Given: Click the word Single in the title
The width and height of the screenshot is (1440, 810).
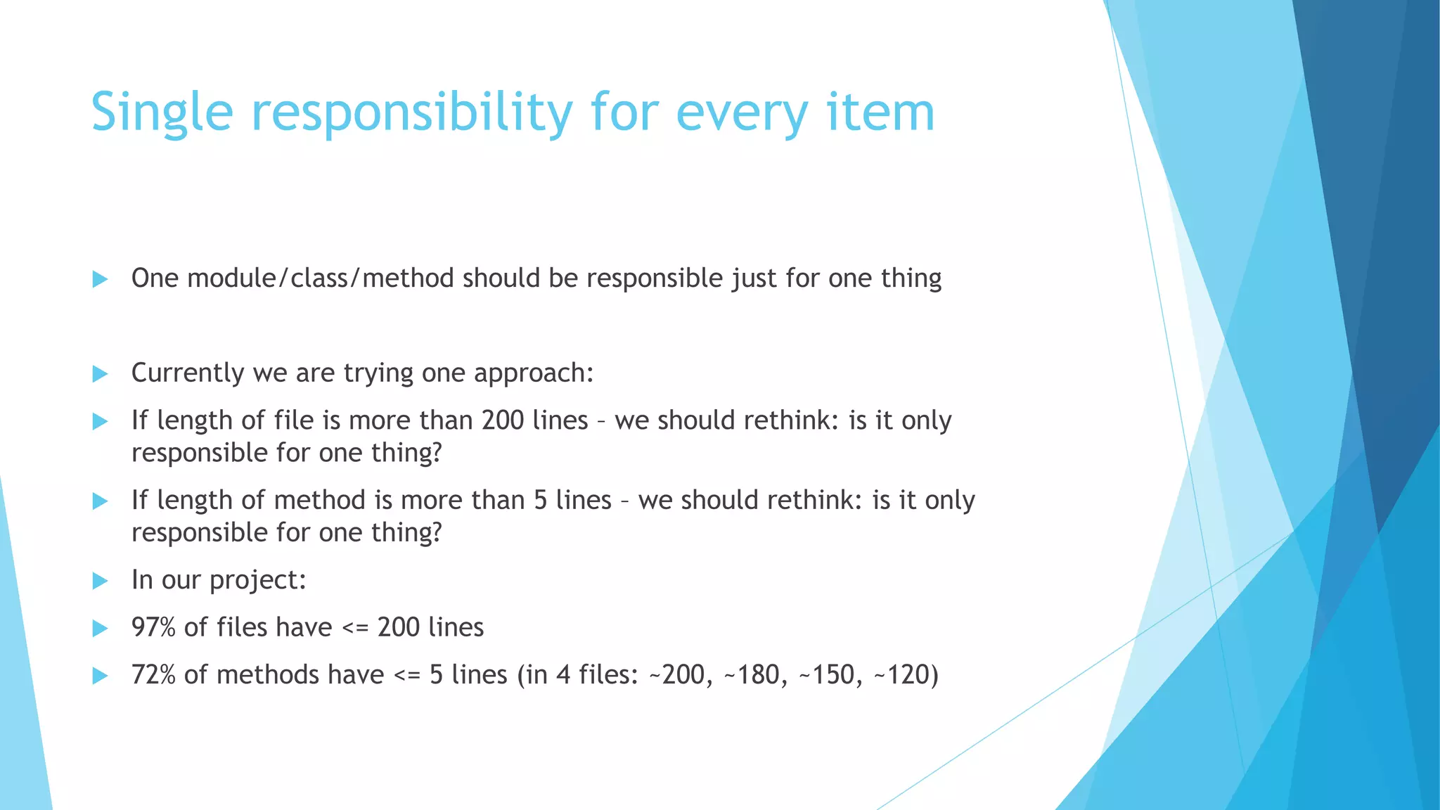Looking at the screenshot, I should coord(162,112).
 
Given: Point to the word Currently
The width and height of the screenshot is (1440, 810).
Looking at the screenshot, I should coord(187,373).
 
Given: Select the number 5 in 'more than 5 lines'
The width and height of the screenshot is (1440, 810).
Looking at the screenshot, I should coord(540,500).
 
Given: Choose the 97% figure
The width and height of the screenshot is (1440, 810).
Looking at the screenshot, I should coord(153,627).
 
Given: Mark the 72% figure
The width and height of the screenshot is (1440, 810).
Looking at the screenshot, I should coord(153,675).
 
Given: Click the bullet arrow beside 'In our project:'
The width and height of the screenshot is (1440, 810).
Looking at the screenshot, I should coord(100,581).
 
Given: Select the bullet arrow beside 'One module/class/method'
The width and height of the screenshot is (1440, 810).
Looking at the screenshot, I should coord(100,279).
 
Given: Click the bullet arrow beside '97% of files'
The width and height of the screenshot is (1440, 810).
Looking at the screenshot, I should coord(100,628).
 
